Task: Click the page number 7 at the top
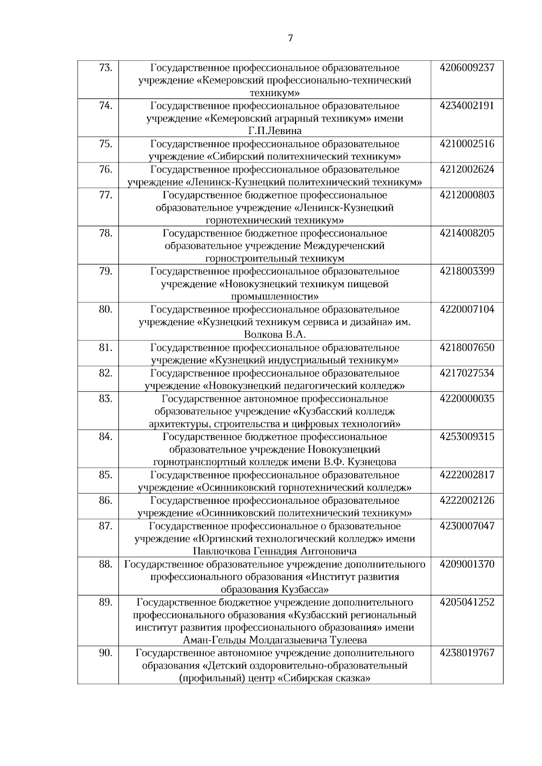point(290,39)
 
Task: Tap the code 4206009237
point(467,68)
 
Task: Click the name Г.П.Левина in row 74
point(275,131)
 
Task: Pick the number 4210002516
point(467,144)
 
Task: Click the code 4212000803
point(467,195)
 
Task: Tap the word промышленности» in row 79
point(275,297)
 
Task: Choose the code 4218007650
point(467,348)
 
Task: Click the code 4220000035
point(467,399)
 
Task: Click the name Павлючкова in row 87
point(220,552)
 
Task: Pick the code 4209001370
point(467,564)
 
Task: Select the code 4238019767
point(467,653)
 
